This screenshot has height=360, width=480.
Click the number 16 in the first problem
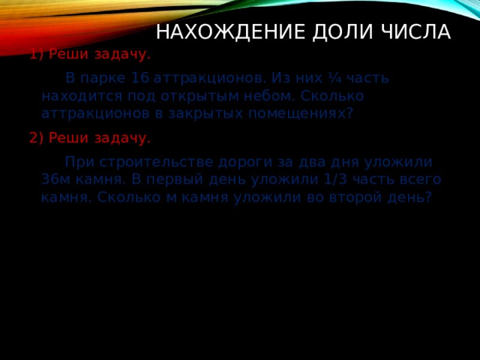[x=140, y=78]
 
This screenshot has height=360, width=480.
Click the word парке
[x=103, y=78]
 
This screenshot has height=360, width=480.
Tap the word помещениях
[x=303, y=113]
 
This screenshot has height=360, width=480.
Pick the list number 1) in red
[x=37, y=54]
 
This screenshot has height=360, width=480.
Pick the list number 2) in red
[x=37, y=138]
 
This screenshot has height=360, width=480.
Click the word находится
[x=76, y=96]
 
